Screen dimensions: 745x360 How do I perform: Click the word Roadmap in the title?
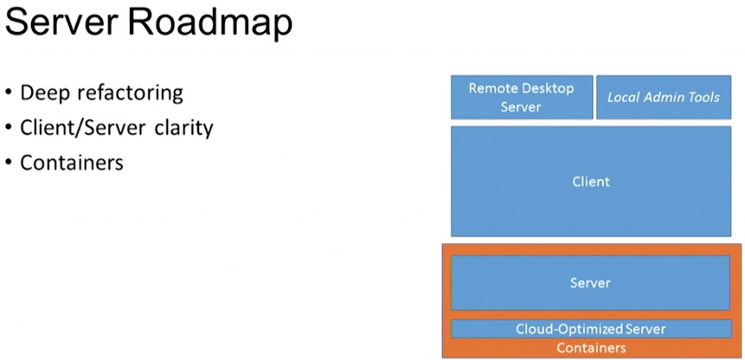click(210, 22)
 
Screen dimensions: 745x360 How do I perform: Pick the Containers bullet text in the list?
click(72, 163)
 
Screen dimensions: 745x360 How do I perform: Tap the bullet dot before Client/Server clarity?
click(9, 127)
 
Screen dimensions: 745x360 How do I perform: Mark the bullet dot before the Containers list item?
click(9, 163)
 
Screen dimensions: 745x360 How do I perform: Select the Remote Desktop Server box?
click(522, 98)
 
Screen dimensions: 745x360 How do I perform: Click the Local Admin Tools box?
click(664, 98)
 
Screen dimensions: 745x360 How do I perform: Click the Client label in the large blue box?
click(591, 182)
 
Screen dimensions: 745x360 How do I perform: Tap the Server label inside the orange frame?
click(590, 283)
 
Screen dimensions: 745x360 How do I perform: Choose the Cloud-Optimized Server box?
click(591, 329)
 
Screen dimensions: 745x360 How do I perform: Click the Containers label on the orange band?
click(591, 348)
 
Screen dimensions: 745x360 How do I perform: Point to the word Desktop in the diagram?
click(548, 89)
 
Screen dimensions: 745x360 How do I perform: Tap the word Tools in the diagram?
click(704, 98)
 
